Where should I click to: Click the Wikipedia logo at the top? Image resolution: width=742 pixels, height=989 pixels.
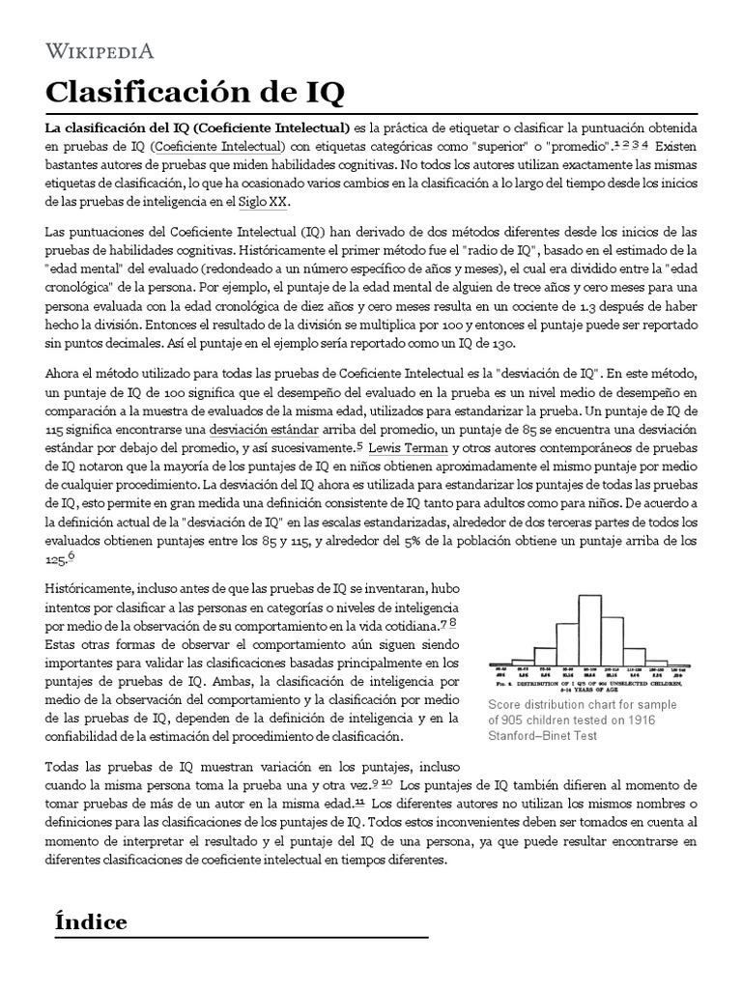pos(99,51)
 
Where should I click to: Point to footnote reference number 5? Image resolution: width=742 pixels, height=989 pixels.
pos(359,445)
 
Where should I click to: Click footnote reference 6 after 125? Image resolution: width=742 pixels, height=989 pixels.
pos(71,555)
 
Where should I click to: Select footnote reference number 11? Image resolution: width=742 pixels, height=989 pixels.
pos(359,802)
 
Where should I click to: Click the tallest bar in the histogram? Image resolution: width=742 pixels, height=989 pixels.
pos(588,629)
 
